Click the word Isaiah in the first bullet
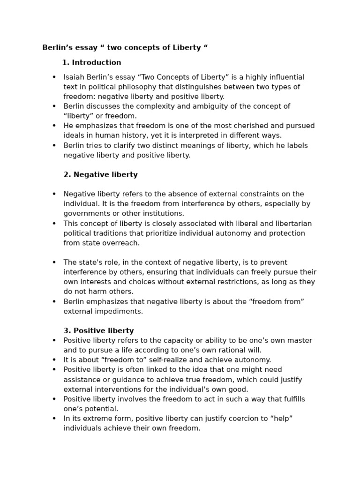[x=74, y=77]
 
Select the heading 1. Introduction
[x=91, y=63]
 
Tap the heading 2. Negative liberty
[x=100, y=175]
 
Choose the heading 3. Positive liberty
[x=98, y=331]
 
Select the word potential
[x=101, y=409]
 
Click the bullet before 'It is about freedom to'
[x=54, y=360]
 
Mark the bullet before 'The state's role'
[x=54, y=262]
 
